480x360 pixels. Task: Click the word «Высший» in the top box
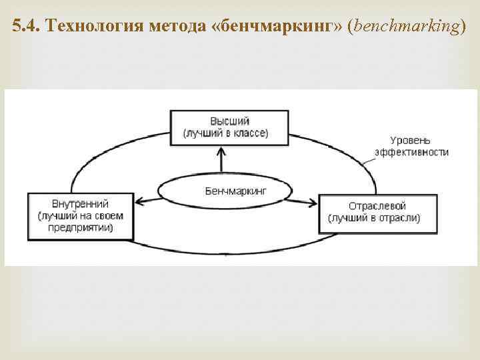tap(229, 121)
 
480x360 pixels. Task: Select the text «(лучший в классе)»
tap(226, 133)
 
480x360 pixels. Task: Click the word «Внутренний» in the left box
tap(80, 204)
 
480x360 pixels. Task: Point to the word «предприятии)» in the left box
tap(80, 227)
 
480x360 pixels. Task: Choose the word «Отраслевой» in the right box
tap(377, 206)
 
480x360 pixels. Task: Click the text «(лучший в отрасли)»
tap(374, 218)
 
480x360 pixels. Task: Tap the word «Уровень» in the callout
tap(411, 141)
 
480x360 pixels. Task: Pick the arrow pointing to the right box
tap(303, 200)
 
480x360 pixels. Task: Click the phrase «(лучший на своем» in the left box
tap(80, 215)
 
